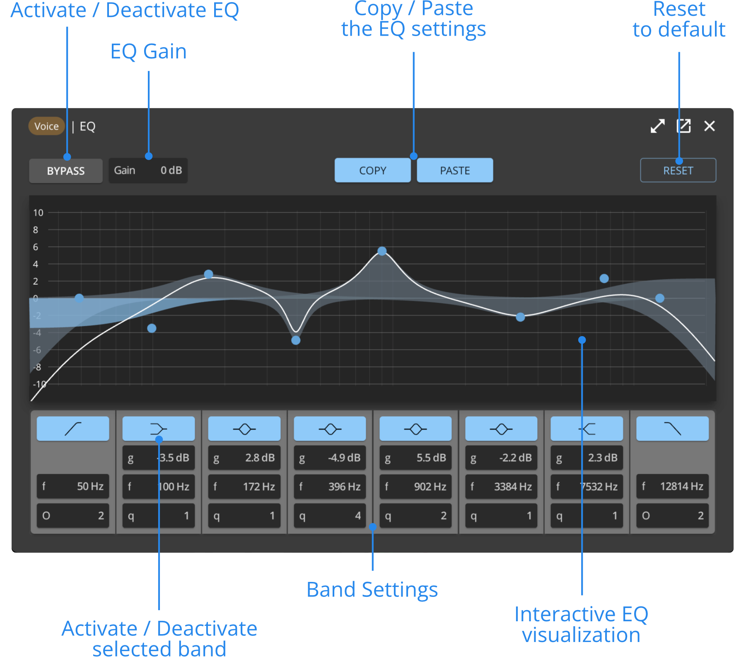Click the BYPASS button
65,171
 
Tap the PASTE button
454,170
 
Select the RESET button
678,170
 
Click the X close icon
709,126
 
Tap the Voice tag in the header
46,126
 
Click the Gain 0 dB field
148,170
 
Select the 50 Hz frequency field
73,486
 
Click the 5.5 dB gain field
415,458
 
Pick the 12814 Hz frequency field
672,486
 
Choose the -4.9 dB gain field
330,458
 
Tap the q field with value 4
330,516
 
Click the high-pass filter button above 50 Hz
73,429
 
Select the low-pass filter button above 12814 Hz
672,429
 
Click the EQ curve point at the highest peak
382,251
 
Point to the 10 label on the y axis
38,213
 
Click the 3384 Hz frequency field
501,486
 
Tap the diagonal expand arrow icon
657,126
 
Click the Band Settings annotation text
372,589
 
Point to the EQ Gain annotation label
148,51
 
